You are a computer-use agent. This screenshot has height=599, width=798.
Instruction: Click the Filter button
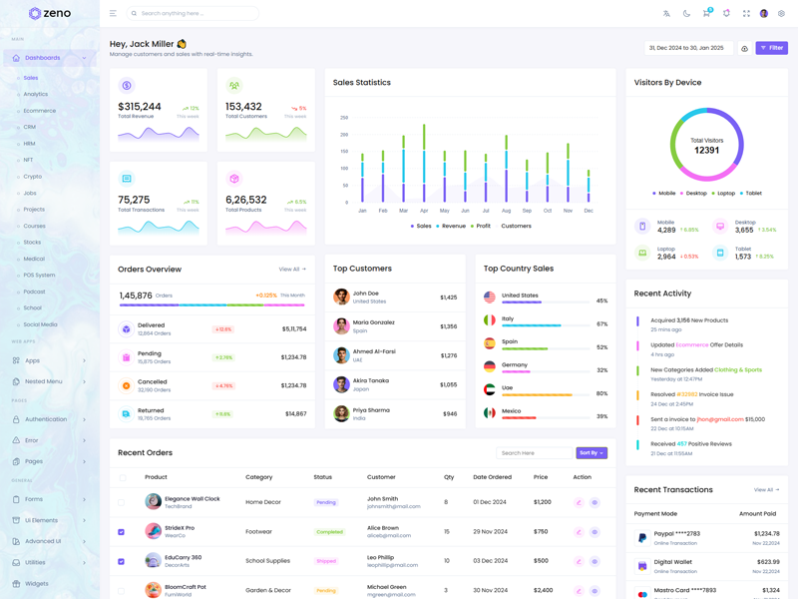coord(771,48)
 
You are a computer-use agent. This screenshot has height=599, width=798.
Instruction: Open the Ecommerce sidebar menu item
coord(40,111)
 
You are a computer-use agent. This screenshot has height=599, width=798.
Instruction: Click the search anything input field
coord(195,14)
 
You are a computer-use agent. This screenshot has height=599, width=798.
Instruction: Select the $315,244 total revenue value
coord(140,107)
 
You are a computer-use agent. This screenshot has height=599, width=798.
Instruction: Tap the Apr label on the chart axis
coord(424,211)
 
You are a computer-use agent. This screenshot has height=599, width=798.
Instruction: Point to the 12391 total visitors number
coord(706,150)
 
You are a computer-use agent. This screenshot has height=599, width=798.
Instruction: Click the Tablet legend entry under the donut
coord(753,194)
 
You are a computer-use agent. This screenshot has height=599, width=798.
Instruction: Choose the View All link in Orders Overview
coord(292,270)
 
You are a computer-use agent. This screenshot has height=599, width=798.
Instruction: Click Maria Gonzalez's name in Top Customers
coord(374,322)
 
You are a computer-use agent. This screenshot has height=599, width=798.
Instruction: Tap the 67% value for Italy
coord(601,323)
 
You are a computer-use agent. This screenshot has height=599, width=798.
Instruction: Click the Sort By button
coord(591,453)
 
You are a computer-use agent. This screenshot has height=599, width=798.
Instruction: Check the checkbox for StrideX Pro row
coord(122,532)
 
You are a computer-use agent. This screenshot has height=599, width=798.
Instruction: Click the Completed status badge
coord(329,532)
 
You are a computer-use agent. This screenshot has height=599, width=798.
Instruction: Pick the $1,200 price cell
coord(543,502)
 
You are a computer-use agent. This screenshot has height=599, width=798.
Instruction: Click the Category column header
coord(259,477)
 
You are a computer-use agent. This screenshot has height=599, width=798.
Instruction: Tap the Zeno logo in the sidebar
coord(50,14)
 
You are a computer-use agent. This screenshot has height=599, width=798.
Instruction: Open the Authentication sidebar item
coord(46,419)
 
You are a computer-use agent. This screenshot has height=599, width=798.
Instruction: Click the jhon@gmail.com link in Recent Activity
coord(720,419)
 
